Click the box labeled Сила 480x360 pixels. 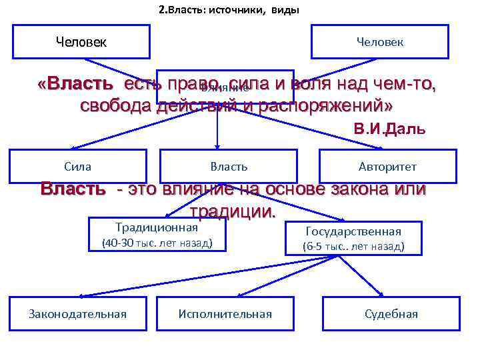[x=79, y=166]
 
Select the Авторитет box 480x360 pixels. [x=388, y=166]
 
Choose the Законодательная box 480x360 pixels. [x=78, y=314]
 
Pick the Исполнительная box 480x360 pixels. [x=225, y=314]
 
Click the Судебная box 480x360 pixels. [x=391, y=314]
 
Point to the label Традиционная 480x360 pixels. [x=157, y=227]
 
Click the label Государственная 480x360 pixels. [x=353, y=231]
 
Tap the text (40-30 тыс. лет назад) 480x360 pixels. [x=157, y=244]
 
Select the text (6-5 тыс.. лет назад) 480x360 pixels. [x=353, y=246]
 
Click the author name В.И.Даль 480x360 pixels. [x=388, y=129]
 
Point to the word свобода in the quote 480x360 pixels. [x=115, y=106]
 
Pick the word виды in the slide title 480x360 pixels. [x=285, y=10]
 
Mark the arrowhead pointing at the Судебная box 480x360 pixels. [x=381, y=294]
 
